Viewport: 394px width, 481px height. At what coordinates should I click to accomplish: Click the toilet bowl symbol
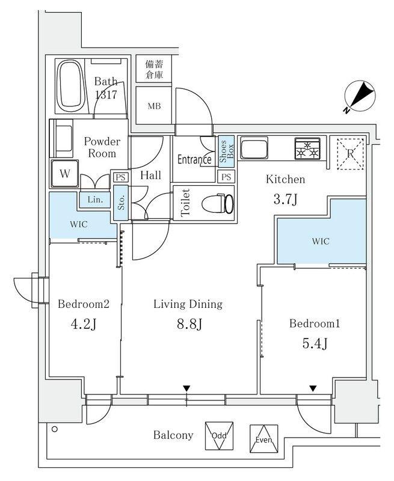[x=218, y=203]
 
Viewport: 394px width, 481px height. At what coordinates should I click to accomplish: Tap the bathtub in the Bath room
[x=71, y=87]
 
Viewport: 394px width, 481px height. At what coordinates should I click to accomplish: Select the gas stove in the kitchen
[x=308, y=149]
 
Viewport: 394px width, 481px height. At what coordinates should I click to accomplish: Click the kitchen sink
[x=254, y=148]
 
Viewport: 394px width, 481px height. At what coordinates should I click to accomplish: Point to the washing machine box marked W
[x=65, y=174]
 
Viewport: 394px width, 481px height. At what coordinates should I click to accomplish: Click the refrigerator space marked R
[x=350, y=154]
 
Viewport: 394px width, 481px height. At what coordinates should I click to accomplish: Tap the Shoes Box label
[x=226, y=152]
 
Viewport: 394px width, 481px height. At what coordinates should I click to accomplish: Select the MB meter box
[x=154, y=105]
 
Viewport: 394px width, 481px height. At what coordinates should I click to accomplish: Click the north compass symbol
[x=360, y=97]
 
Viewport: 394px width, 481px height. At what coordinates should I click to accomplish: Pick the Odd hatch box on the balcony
[x=219, y=436]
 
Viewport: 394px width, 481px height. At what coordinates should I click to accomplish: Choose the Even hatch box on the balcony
[x=264, y=439]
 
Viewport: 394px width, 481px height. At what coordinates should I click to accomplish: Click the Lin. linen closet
[x=95, y=200]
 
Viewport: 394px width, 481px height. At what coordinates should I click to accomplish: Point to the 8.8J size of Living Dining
[x=189, y=324]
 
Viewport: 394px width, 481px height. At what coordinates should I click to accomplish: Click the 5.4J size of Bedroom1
[x=315, y=343]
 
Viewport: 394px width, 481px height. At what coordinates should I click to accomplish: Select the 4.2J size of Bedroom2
[x=84, y=324]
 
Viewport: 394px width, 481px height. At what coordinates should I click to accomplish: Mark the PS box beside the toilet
[x=226, y=177]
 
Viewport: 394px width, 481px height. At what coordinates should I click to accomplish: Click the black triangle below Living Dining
[x=186, y=388]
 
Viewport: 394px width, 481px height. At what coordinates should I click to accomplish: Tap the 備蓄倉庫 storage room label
[x=154, y=69]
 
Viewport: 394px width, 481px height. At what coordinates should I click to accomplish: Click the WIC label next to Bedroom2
[x=79, y=224]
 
